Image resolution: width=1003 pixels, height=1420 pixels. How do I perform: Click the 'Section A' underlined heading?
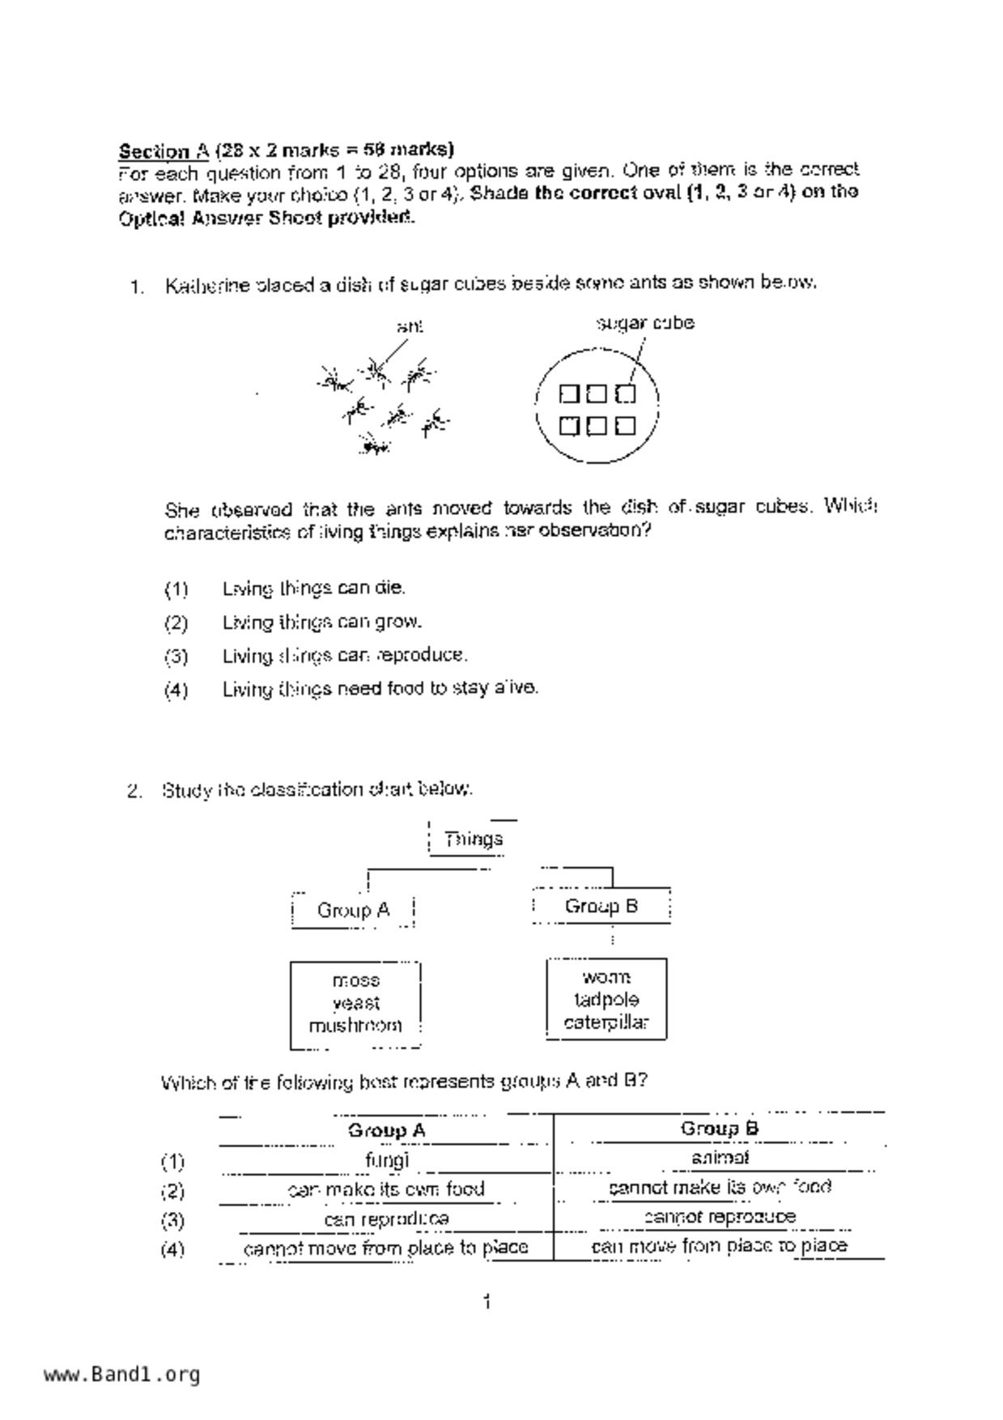[x=164, y=151]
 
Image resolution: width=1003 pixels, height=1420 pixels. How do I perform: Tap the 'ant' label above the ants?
[x=410, y=326]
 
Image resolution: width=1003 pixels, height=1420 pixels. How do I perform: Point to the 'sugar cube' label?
[x=645, y=323]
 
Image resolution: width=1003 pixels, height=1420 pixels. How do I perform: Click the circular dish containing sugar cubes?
[x=597, y=405]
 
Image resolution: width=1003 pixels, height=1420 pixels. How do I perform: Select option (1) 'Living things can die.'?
[x=313, y=589]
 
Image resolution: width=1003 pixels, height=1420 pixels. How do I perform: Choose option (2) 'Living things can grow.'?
[x=322, y=623]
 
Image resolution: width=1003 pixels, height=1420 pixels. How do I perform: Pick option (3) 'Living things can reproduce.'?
[x=345, y=655]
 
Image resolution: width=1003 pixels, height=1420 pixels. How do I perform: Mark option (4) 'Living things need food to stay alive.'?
[x=380, y=688]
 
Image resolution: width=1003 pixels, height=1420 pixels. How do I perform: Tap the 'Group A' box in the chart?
[x=353, y=911]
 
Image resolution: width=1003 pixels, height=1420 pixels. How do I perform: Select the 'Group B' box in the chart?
[x=601, y=907]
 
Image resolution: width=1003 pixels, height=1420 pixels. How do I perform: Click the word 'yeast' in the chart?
[x=356, y=1003]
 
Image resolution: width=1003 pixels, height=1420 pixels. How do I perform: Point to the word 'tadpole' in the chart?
[x=606, y=1000]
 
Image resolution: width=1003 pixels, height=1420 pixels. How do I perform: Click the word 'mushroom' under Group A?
[x=355, y=1025]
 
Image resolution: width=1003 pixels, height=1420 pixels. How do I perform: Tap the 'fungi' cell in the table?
[x=387, y=1160]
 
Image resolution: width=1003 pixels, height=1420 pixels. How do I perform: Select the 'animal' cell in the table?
[x=720, y=1159]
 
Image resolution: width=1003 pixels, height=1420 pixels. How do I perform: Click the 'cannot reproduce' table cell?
[x=720, y=1217]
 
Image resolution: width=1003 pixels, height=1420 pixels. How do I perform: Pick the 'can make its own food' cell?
[x=386, y=1189]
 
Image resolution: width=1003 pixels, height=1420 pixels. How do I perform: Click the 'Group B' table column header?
[x=720, y=1129]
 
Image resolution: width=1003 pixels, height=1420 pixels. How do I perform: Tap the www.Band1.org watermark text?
[x=122, y=1374]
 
